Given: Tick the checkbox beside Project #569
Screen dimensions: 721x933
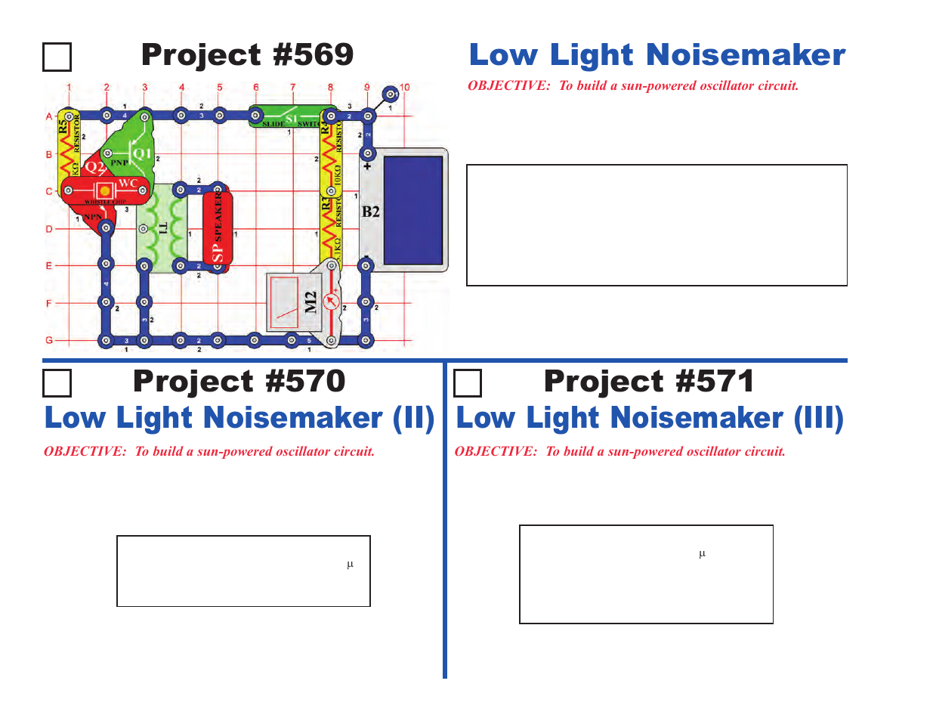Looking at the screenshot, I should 57,57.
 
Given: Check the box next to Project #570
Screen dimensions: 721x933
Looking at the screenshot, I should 57,383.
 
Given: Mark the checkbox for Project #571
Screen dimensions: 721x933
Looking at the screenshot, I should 468,383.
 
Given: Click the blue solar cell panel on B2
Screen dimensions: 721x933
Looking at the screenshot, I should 412,209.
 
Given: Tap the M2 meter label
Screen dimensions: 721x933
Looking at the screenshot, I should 310,302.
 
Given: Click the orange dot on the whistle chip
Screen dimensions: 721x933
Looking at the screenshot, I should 105,192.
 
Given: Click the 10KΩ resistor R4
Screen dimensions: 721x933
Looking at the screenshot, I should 329,151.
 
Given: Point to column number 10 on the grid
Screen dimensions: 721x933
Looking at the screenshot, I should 404,88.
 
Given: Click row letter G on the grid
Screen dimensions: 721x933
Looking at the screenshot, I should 49,340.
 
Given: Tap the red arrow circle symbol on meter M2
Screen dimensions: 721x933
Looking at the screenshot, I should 330,302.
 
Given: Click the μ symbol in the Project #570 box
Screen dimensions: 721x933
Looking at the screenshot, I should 350,565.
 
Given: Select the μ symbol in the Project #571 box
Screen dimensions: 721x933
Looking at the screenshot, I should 702,554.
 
